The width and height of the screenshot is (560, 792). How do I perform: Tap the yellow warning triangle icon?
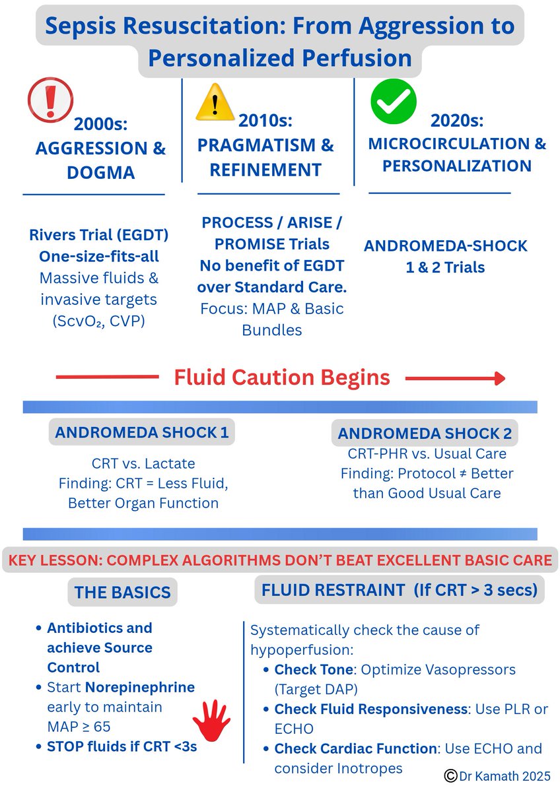215,102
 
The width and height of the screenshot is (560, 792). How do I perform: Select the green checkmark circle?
393,102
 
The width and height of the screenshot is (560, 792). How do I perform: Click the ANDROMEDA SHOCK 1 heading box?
142,433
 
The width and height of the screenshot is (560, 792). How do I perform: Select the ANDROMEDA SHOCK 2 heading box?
427,434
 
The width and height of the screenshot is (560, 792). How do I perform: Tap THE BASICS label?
122,592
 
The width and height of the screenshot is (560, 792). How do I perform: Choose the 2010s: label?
265,121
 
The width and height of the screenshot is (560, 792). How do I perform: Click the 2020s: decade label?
457,121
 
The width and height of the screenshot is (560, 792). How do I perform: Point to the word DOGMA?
100,173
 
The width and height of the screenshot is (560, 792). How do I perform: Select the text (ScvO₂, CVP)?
98,321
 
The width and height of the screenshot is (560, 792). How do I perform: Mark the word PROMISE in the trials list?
249,244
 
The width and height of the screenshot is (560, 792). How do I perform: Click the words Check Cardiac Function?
355,748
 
